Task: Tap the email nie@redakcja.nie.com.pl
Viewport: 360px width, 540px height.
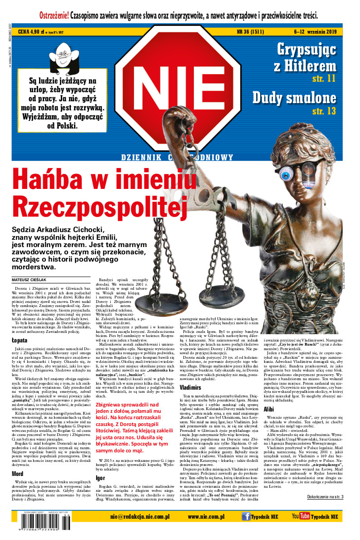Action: tap(136, 516)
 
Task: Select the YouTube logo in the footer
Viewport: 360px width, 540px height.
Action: tap(301, 516)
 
